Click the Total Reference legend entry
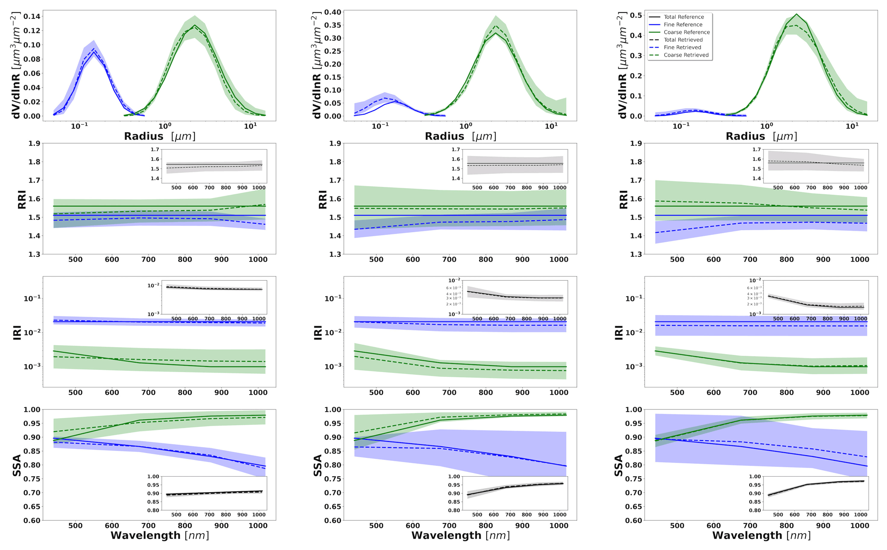click(683, 17)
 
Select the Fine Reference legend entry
click(682, 25)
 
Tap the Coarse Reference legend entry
click(686, 32)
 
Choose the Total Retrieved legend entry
click(683, 40)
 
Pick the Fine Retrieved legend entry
click(682, 48)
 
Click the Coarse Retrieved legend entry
click(686, 55)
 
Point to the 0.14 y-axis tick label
click(32, 16)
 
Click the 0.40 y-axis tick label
click(333, 12)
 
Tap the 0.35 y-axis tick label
click(333, 25)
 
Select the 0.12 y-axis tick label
click(32, 31)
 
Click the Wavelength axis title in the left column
click(160, 535)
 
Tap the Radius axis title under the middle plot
click(460, 136)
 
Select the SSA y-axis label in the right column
click(618, 466)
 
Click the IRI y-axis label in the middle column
click(318, 333)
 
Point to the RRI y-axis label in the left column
click(22, 199)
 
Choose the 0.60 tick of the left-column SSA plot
click(32, 520)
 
